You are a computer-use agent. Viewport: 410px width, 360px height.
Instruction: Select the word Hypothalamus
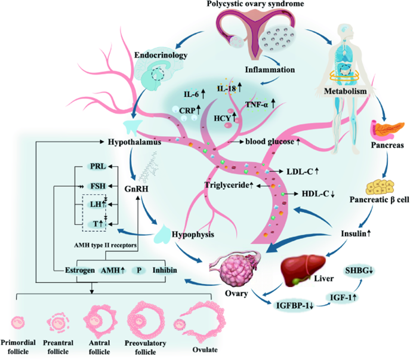coord(131,144)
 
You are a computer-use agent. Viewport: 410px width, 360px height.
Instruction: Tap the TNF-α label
coord(261,104)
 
